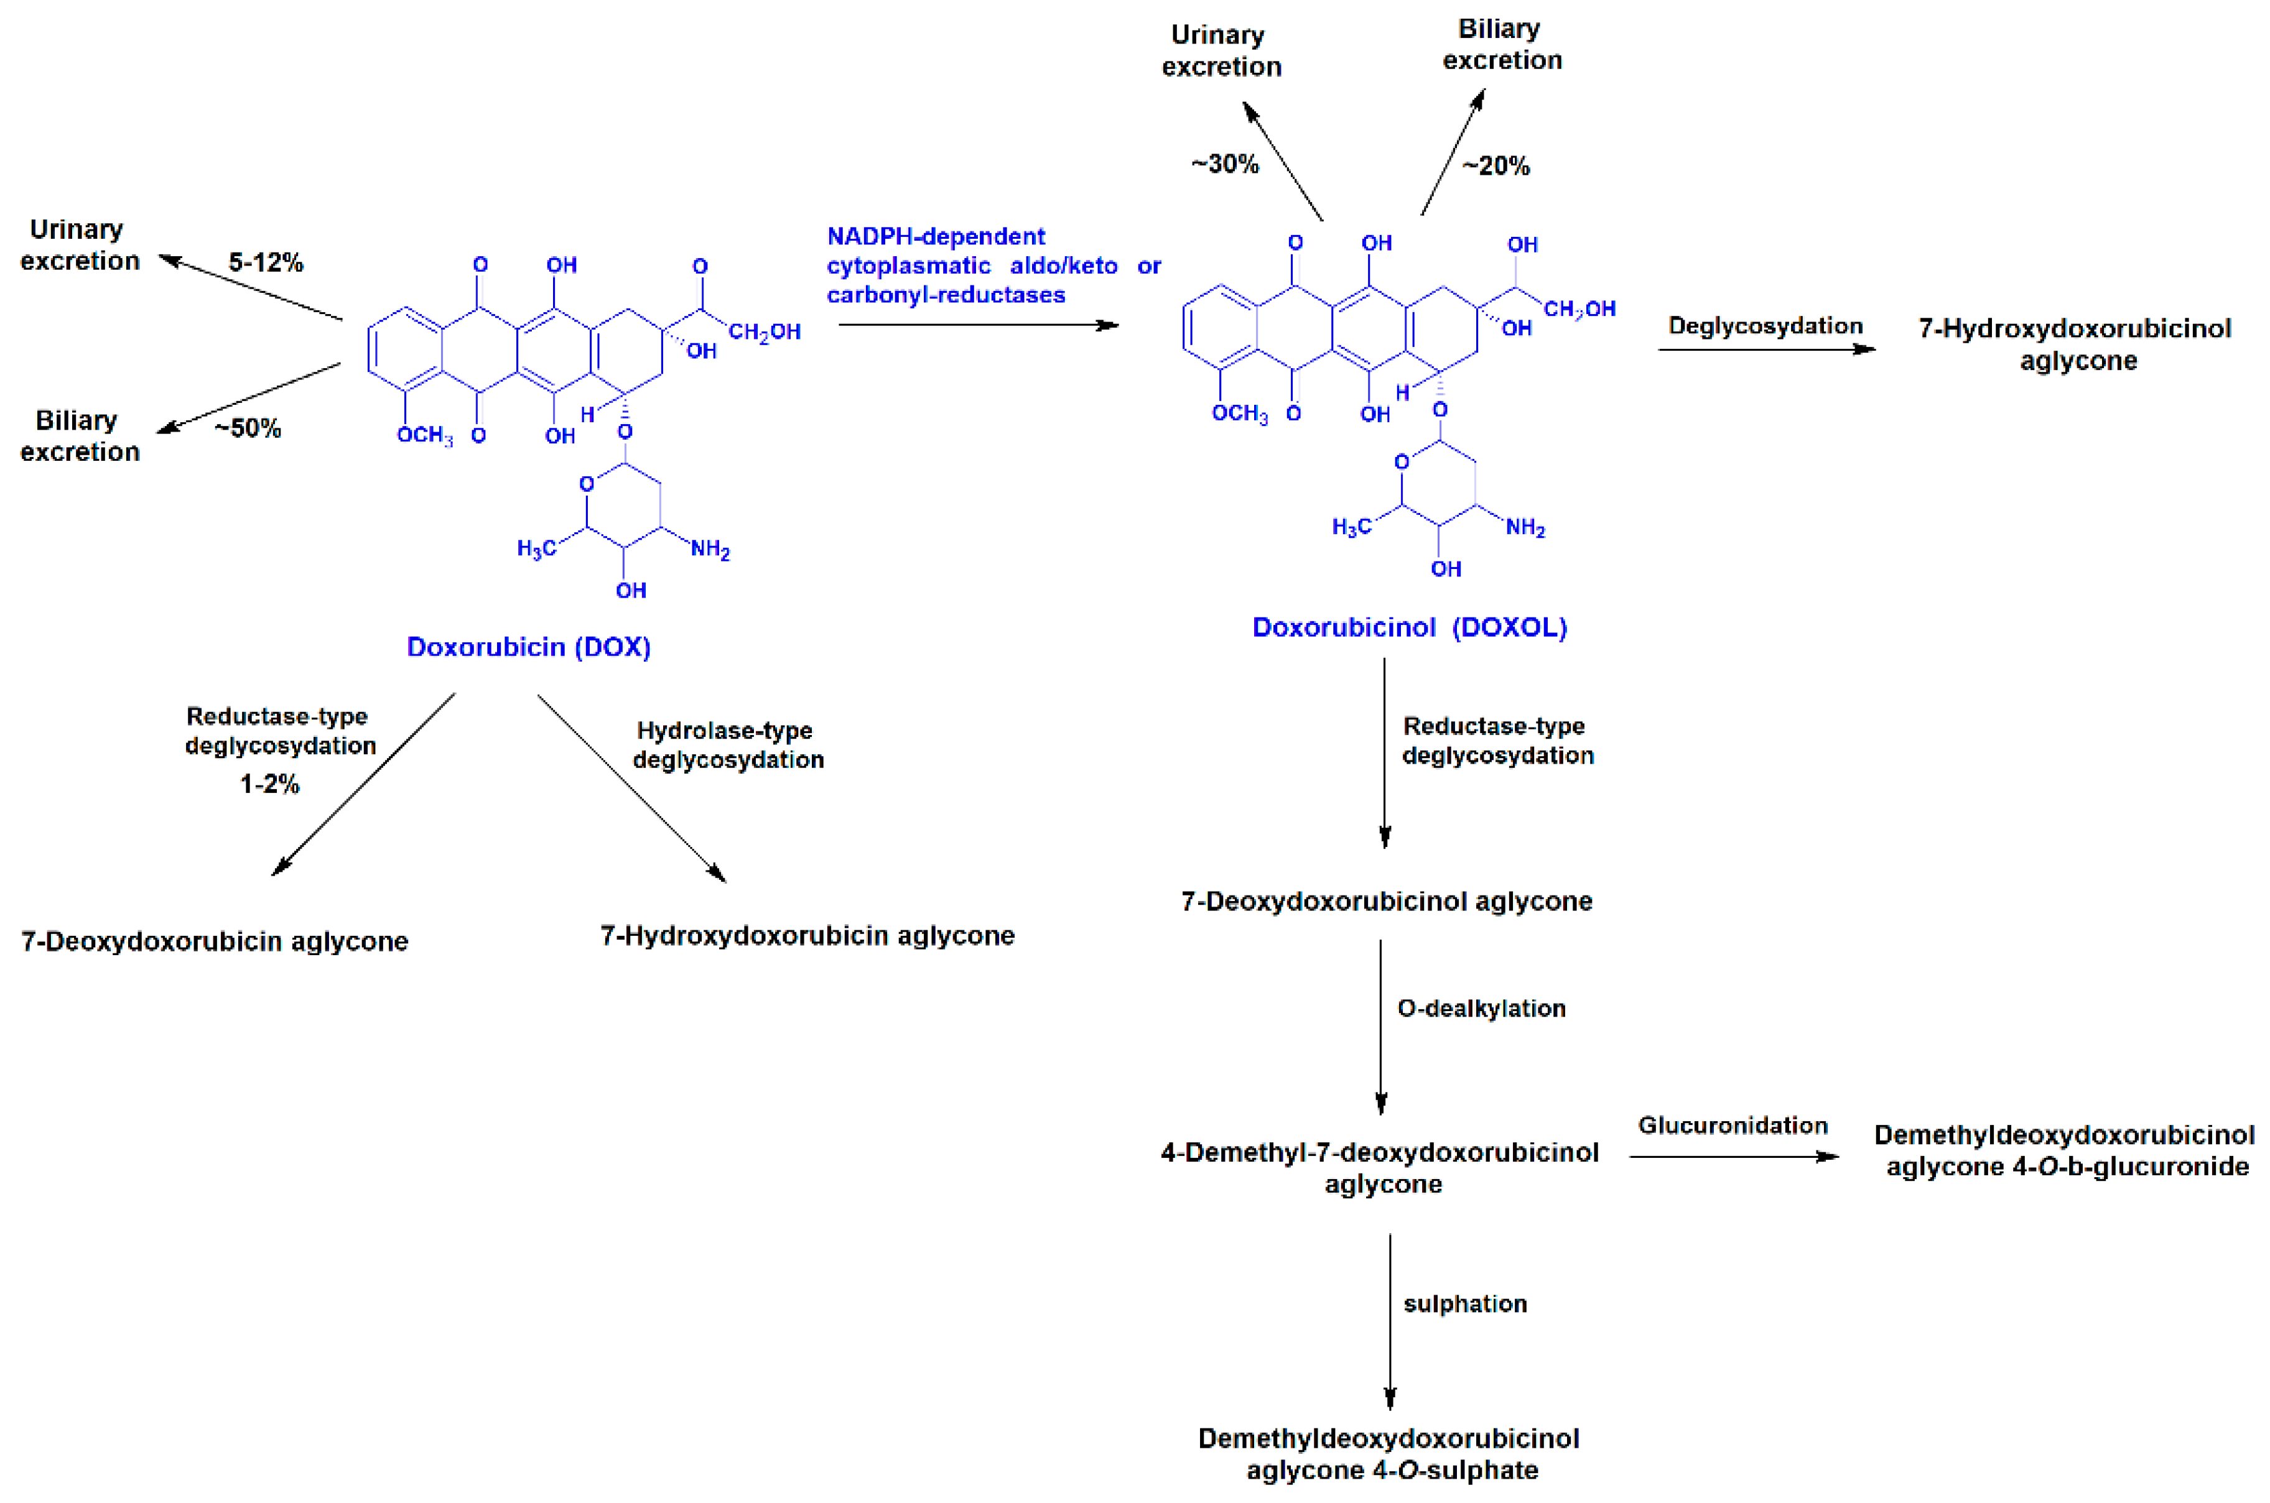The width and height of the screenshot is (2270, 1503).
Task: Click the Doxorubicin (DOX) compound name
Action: pos(528,647)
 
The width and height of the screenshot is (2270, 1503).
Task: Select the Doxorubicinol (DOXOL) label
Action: pos(1409,628)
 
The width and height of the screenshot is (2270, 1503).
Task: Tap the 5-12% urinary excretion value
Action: pos(266,262)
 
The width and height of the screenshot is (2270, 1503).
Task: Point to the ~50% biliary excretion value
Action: pos(248,428)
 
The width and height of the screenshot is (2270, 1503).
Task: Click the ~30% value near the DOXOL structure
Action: pos(1225,164)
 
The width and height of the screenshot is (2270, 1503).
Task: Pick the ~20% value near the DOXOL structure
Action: pos(1496,166)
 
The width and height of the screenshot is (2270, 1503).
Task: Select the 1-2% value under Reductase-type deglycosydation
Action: pos(269,784)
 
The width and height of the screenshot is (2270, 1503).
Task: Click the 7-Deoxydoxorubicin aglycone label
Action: pos(215,941)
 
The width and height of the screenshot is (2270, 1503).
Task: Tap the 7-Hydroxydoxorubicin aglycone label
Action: pos(807,935)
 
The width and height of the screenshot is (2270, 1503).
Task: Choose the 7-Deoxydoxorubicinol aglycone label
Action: pos(1386,901)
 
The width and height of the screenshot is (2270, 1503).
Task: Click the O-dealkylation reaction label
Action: pos(1481,1009)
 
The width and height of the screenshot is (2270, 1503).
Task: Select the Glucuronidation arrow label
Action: pos(1733,1126)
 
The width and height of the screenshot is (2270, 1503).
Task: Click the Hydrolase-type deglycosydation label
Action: pos(728,745)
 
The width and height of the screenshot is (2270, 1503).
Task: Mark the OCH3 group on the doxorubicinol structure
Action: pos(1239,413)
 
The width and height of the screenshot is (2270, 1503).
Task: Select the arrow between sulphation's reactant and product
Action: pos(1390,1323)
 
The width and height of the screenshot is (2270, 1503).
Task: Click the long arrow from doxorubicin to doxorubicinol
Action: pos(978,325)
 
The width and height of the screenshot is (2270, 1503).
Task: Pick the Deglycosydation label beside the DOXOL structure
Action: pos(1765,326)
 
